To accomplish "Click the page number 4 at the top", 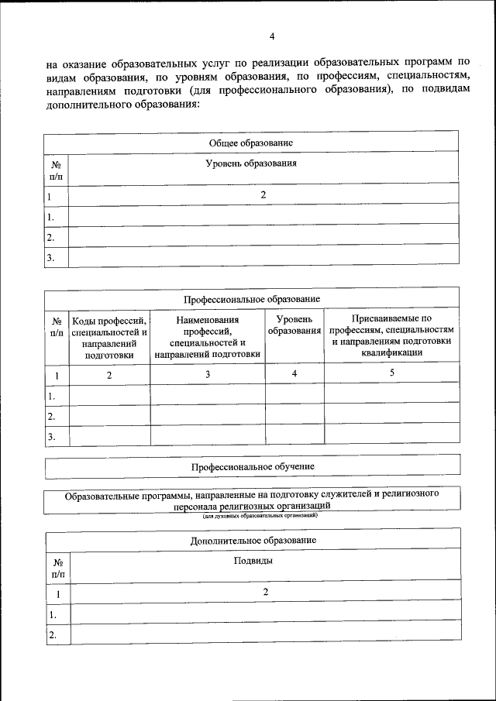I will tap(272, 36).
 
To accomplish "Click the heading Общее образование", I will tap(251, 143).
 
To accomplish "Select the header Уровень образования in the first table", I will tap(251, 163).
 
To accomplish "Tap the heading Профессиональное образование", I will tap(252, 298).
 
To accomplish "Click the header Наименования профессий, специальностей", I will tap(207, 336).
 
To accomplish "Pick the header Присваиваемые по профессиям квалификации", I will tap(391, 335).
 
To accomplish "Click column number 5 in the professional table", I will tap(392, 373).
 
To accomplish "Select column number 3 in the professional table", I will tap(208, 374).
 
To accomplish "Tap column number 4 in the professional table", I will tap(294, 374).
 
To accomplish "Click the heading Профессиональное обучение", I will tap(253, 466).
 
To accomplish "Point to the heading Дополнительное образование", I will tap(253, 540).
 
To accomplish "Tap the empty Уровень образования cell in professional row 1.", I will tap(294, 394).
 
